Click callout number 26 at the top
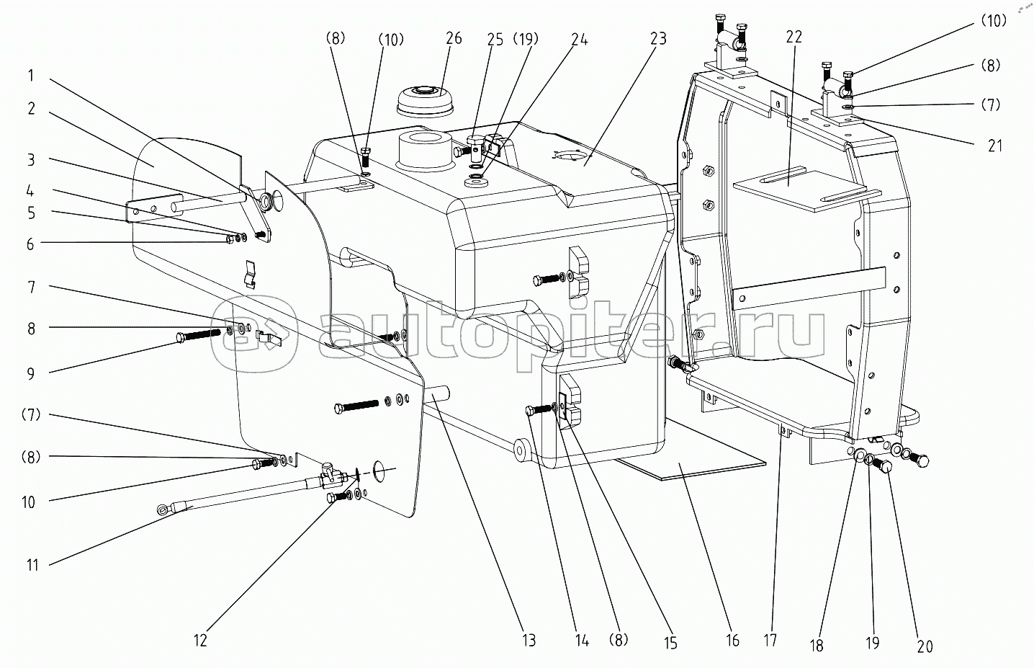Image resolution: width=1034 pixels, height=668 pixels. [x=454, y=38]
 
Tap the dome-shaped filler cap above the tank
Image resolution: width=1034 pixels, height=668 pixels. [x=425, y=99]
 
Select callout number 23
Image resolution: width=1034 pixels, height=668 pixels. [x=658, y=39]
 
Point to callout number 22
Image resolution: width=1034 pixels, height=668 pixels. [x=794, y=37]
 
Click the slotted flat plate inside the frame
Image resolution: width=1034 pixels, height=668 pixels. [x=800, y=189]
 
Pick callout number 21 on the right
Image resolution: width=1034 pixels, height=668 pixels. [x=995, y=146]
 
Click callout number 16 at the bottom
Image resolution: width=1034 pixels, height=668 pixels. [x=732, y=641]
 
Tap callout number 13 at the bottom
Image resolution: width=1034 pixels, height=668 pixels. [x=529, y=641]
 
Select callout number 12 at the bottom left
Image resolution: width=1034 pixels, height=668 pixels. [x=200, y=641]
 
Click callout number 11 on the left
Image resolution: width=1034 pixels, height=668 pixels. [x=32, y=565]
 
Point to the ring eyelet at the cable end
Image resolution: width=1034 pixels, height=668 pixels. [x=163, y=509]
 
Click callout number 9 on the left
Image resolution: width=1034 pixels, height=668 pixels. [x=30, y=373]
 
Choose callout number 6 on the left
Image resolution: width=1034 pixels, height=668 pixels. [x=30, y=244]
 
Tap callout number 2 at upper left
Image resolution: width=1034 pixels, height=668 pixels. [x=31, y=109]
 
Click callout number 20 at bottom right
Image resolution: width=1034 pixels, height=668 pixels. [x=925, y=647]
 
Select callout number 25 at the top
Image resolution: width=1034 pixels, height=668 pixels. [x=495, y=40]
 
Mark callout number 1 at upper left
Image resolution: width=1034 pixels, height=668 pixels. [x=30, y=75]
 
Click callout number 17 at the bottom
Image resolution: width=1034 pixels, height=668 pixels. [x=770, y=641]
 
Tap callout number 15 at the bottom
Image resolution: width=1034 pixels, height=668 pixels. [x=670, y=643]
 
